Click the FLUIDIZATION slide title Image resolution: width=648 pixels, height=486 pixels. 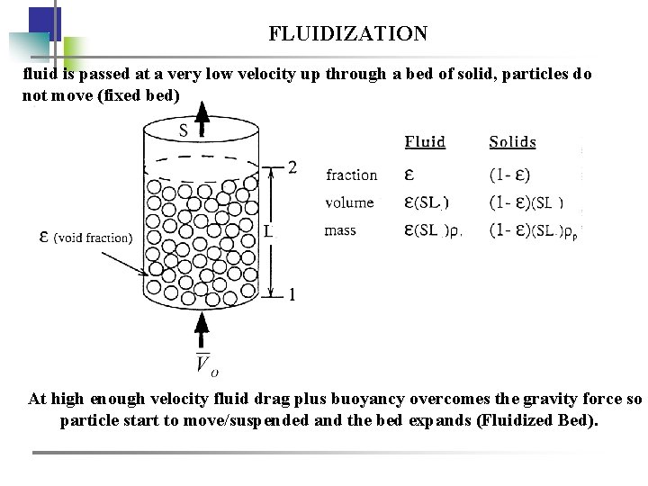pos(347,34)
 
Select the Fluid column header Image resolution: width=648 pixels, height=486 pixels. pos(425,142)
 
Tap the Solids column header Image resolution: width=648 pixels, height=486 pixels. pos(512,142)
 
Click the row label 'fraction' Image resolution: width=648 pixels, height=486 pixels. pos(351,175)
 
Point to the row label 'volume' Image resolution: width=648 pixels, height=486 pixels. pos(349,202)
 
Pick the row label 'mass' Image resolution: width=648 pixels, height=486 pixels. pos(340,230)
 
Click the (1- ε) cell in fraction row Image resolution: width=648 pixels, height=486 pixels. pos(509,175)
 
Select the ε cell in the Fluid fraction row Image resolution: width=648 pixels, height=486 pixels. pos(409,175)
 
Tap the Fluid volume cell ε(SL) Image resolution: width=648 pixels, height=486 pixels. pos(427,202)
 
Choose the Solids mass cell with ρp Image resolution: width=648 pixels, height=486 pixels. pos(535,231)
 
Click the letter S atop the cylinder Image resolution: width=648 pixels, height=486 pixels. pos(184,130)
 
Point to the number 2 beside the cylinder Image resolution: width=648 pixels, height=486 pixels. pos(292,166)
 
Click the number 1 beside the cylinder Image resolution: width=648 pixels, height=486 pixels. pos(292,294)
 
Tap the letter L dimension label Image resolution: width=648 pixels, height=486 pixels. pos(269,231)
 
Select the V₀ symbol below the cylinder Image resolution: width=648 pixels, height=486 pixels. pos(206,364)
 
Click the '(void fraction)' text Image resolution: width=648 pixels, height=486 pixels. pos(93,238)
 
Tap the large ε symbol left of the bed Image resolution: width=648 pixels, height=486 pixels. pos(44,237)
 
